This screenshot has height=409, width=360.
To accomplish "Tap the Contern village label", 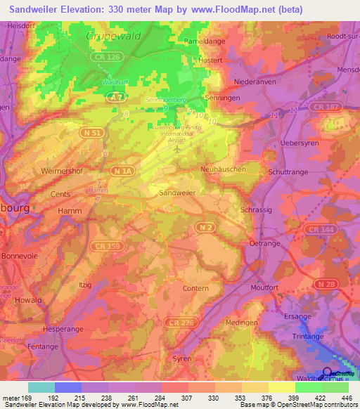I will [195, 288].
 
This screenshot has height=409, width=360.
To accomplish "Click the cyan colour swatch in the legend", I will [41, 387].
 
